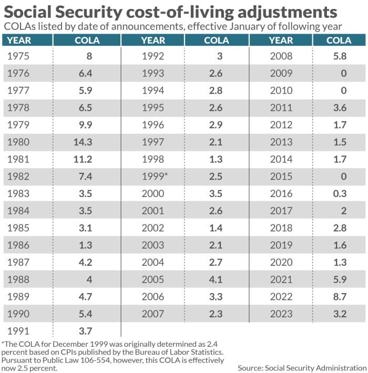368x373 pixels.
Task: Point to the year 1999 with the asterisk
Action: [155, 176]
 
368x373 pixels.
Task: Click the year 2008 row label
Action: [281, 56]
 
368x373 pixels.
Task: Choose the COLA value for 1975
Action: [89, 56]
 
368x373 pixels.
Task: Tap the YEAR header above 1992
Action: [153, 40]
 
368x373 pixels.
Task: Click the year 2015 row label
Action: [281, 176]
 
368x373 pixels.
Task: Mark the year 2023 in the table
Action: [281, 314]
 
